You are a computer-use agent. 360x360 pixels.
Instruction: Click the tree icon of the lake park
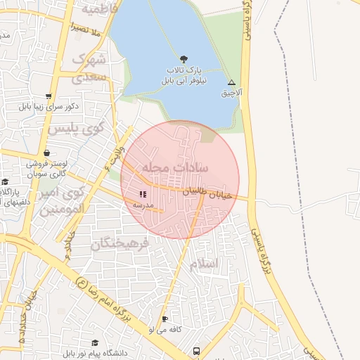click(184, 59)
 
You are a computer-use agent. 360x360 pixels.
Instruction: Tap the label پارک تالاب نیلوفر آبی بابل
click(184, 75)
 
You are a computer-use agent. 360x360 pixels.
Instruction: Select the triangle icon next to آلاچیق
click(231, 82)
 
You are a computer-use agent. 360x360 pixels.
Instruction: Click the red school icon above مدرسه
click(143, 193)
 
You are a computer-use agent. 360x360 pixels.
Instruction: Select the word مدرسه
click(143, 204)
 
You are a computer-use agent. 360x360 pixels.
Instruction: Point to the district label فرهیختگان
click(120, 244)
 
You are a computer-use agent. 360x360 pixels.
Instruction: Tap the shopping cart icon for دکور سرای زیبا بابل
click(48, 96)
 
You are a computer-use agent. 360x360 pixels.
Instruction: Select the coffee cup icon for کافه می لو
click(165, 318)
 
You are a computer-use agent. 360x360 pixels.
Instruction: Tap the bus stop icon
click(196, 350)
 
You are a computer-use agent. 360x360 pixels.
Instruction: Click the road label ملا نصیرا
click(87, 29)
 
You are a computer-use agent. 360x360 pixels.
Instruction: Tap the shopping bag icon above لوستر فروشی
click(46, 153)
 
